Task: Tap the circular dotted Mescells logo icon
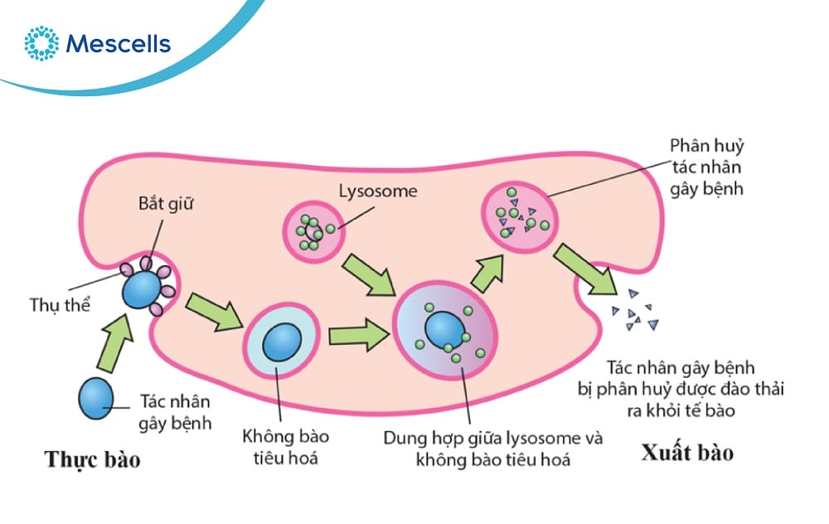tap(41, 43)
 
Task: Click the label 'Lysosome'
tap(378, 192)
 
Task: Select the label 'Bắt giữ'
tap(164, 205)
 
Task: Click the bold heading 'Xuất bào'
tap(687, 453)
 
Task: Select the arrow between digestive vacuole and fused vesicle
tap(358, 336)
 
